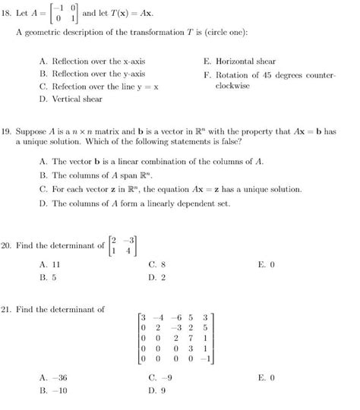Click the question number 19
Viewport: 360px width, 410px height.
tap(8, 131)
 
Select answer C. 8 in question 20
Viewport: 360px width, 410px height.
tap(157, 264)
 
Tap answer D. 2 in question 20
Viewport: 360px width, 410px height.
tap(157, 277)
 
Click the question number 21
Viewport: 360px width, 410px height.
tap(8, 309)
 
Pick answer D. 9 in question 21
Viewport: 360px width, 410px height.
tap(157, 390)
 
